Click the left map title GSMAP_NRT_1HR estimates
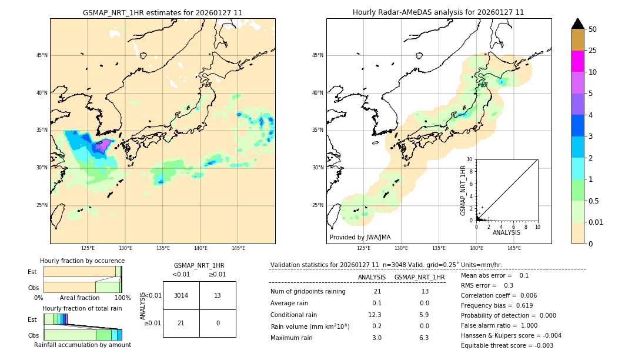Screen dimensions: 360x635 point(162,12)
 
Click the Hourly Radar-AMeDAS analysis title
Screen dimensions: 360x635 point(438,12)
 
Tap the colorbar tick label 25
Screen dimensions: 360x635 point(593,51)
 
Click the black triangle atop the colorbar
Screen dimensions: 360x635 point(578,24)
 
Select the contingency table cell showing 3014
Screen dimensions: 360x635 point(181,295)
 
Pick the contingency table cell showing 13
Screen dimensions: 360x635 point(218,295)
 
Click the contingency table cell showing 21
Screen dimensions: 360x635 point(181,323)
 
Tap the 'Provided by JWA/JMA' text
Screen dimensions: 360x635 point(360,237)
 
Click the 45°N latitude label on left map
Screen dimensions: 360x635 point(42,55)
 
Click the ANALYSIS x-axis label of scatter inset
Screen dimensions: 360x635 point(506,232)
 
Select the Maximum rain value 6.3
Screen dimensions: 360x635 point(423,338)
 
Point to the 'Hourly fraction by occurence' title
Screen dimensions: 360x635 point(82,261)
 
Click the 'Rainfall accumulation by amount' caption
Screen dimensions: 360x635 point(82,345)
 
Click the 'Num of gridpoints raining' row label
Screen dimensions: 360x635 point(308,291)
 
